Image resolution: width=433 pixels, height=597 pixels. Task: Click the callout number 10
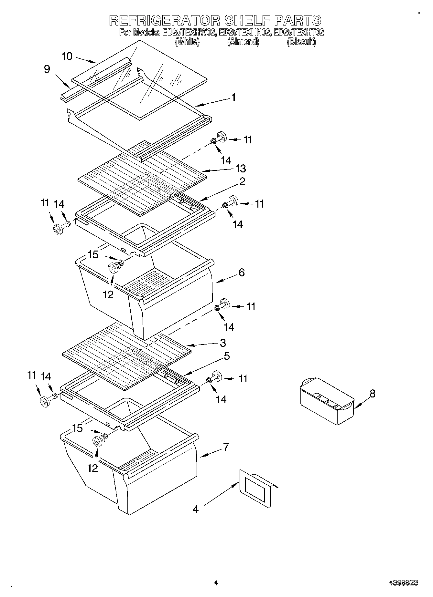click(x=67, y=56)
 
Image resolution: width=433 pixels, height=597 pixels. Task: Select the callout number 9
click(x=47, y=69)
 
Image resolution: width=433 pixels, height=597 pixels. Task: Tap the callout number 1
click(x=233, y=97)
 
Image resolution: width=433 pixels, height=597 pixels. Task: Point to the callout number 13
click(x=240, y=168)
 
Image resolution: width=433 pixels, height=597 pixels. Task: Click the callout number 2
click(x=242, y=181)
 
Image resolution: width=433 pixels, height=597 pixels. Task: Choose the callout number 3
click(x=223, y=343)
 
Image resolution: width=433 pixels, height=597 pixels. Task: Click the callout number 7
click(x=226, y=447)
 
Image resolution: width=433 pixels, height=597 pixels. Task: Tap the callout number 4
click(x=196, y=509)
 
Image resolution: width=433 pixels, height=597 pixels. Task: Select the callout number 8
click(x=373, y=394)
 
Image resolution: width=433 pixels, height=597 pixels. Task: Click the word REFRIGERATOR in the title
click(x=165, y=20)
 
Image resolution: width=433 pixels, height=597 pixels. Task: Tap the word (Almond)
click(x=243, y=42)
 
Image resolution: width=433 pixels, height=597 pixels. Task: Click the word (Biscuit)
click(x=301, y=42)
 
